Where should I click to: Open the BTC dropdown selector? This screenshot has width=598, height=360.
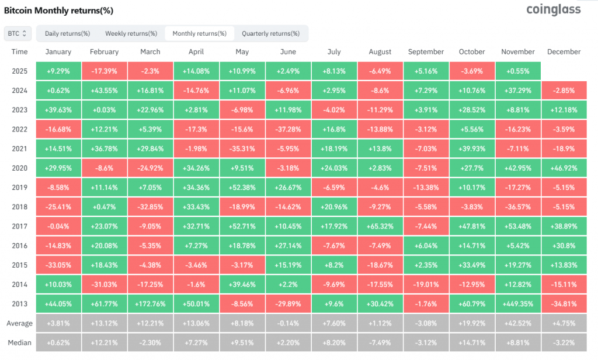[x=17, y=33]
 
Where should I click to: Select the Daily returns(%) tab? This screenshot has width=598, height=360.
[x=67, y=33]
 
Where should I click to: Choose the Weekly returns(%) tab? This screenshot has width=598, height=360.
[x=127, y=33]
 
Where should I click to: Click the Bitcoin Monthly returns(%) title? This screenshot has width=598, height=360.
[x=59, y=11]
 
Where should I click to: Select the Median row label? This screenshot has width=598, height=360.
[x=19, y=342]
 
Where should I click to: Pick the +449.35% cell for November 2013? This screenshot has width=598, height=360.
[x=518, y=303]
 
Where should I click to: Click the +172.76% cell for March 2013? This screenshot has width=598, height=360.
[x=150, y=303]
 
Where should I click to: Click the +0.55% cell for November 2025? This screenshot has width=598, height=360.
[x=518, y=71]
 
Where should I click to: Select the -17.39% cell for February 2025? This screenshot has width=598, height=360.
[x=105, y=71]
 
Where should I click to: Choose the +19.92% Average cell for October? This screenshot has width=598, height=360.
[x=472, y=323]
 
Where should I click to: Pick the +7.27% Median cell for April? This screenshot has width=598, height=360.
[x=196, y=342]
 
